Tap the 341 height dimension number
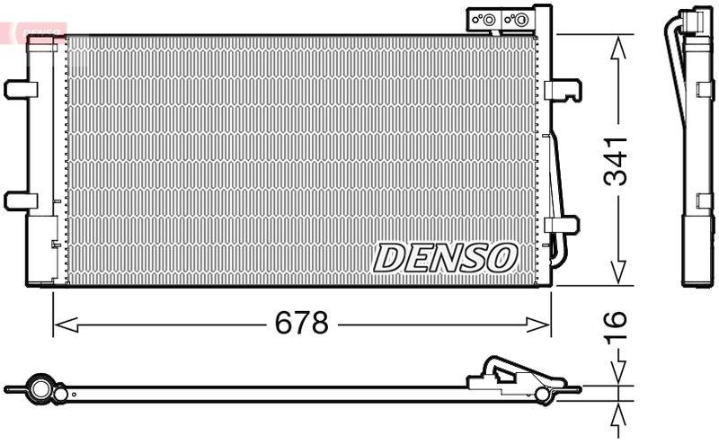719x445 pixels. [617, 162]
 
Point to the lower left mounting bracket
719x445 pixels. [20, 200]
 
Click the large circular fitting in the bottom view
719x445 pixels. [39, 389]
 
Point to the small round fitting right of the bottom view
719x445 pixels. [541, 395]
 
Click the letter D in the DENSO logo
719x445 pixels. [389, 258]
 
